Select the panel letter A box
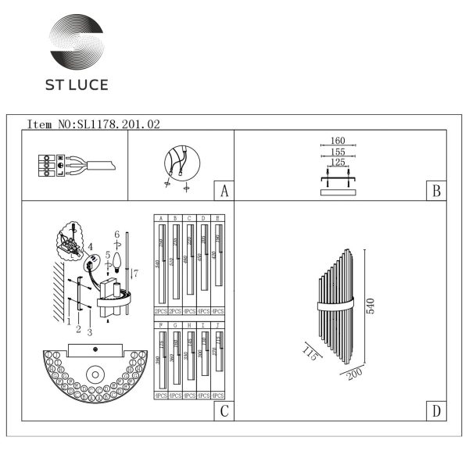[x=224, y=191]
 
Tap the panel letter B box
[x=436, y=191]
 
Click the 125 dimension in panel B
[x=338, y=163]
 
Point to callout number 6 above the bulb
[x=116, y=234]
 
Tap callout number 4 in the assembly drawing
[x=90, y=247]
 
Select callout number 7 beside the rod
[x=135, y=272]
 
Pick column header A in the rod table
[x=159, y=218]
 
